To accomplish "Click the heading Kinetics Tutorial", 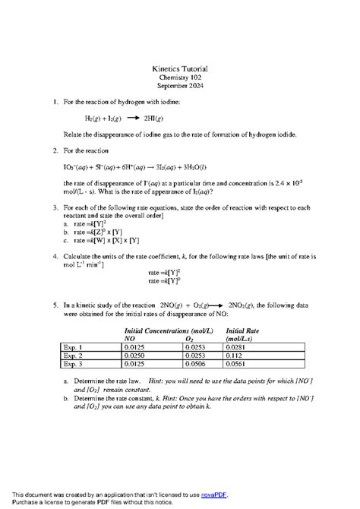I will [179, 69].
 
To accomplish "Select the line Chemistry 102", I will [179, 77].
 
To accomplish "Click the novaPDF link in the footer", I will [213, 495].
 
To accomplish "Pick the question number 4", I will [55, 258].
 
